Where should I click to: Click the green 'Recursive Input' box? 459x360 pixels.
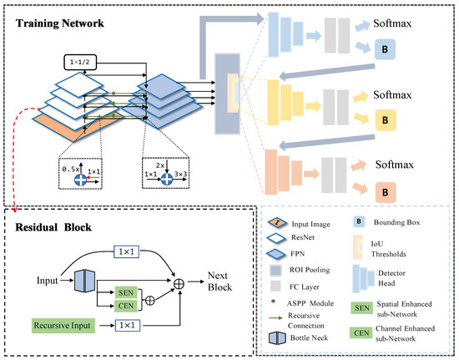tap(64, 323)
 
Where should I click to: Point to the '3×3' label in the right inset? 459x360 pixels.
tap(180, 179)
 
